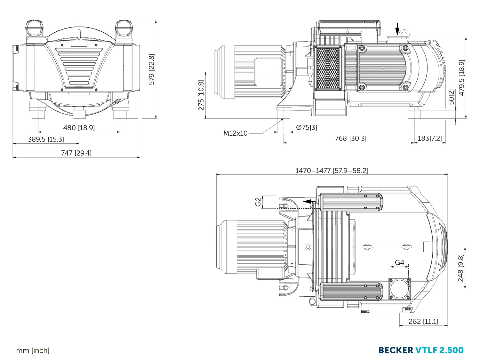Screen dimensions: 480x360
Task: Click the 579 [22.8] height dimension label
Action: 151,69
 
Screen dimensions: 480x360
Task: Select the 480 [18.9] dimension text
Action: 79,128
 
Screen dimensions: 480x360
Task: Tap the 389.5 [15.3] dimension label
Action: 46,139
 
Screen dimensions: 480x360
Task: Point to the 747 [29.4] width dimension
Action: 76,153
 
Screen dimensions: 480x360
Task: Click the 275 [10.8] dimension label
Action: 201,95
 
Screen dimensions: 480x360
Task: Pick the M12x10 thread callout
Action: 235,133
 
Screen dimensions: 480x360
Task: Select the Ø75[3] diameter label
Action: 306,127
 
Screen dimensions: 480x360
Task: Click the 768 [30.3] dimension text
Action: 350,138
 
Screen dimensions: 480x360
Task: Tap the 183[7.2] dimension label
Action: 430,138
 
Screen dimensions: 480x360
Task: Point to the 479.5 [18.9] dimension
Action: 461,77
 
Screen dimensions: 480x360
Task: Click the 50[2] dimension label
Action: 451,97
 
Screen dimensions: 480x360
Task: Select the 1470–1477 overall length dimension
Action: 332,171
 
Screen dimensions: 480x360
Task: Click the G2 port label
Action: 258,202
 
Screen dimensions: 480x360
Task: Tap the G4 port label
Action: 400,262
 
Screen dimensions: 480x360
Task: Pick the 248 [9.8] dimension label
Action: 460,268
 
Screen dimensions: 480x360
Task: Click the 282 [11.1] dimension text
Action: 423,321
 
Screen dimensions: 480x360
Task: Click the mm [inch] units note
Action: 33,351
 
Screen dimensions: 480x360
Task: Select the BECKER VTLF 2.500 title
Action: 421,350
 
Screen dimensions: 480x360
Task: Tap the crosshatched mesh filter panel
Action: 328,68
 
